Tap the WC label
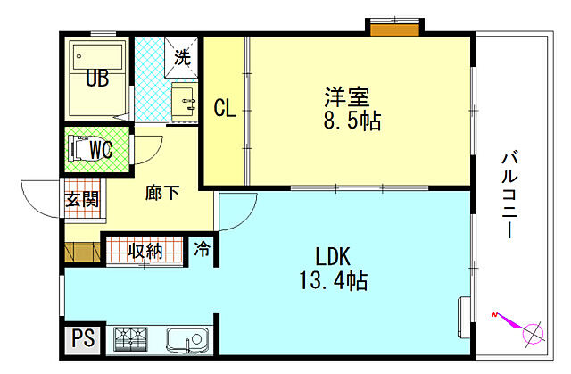point(100,150)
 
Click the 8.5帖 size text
point(352,121)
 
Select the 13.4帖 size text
point(332,281)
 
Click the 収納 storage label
point(145,250)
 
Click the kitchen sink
point(186,339)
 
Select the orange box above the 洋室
point(392,29)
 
